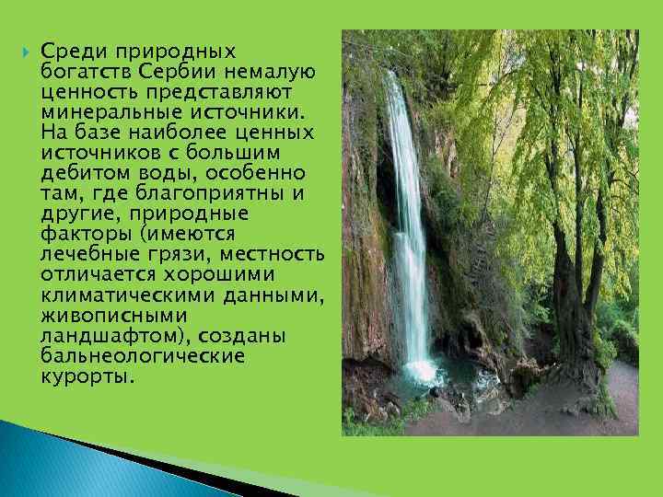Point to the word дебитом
point(76,173)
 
